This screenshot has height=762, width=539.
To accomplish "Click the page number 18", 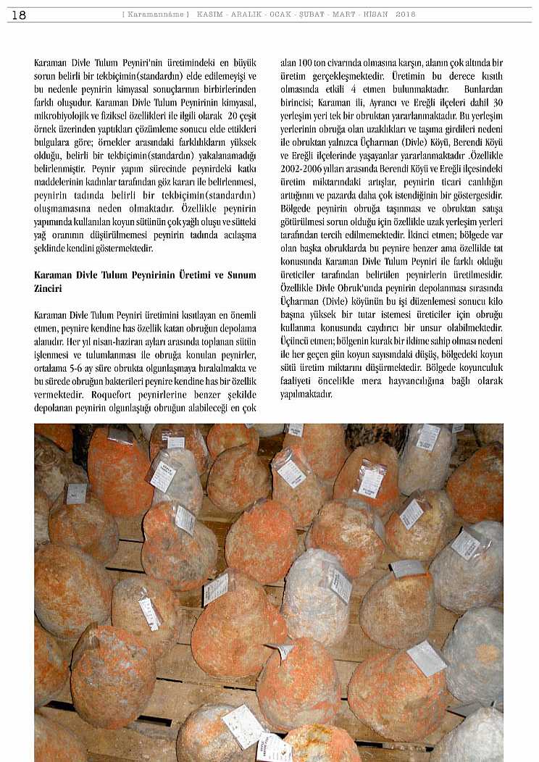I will [19, 14].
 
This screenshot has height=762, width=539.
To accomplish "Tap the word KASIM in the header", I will [209, 14].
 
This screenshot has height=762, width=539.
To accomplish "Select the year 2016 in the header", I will [406, 14].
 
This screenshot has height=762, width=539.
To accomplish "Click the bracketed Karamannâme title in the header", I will [155, 14].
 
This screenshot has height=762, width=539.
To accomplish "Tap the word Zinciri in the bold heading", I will [49, 288].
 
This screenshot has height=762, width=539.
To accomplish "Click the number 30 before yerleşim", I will [497, 101].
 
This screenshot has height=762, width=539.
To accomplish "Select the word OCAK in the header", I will [279, 14].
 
